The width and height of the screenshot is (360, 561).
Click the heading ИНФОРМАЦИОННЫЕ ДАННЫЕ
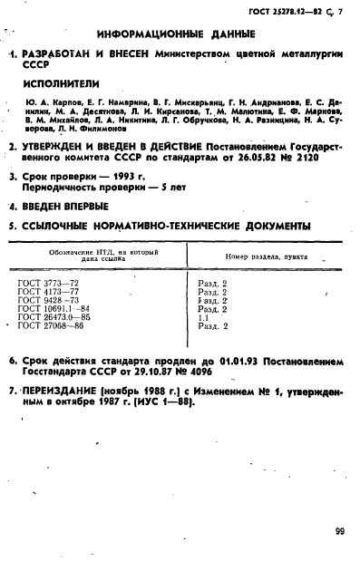(180, 34)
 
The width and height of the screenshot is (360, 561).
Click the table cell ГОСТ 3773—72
(49, 284)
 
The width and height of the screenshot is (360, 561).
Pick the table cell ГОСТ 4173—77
(49, 292)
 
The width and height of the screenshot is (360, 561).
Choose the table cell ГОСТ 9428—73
(49, 300)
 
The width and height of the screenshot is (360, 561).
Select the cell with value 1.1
(202, 317)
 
